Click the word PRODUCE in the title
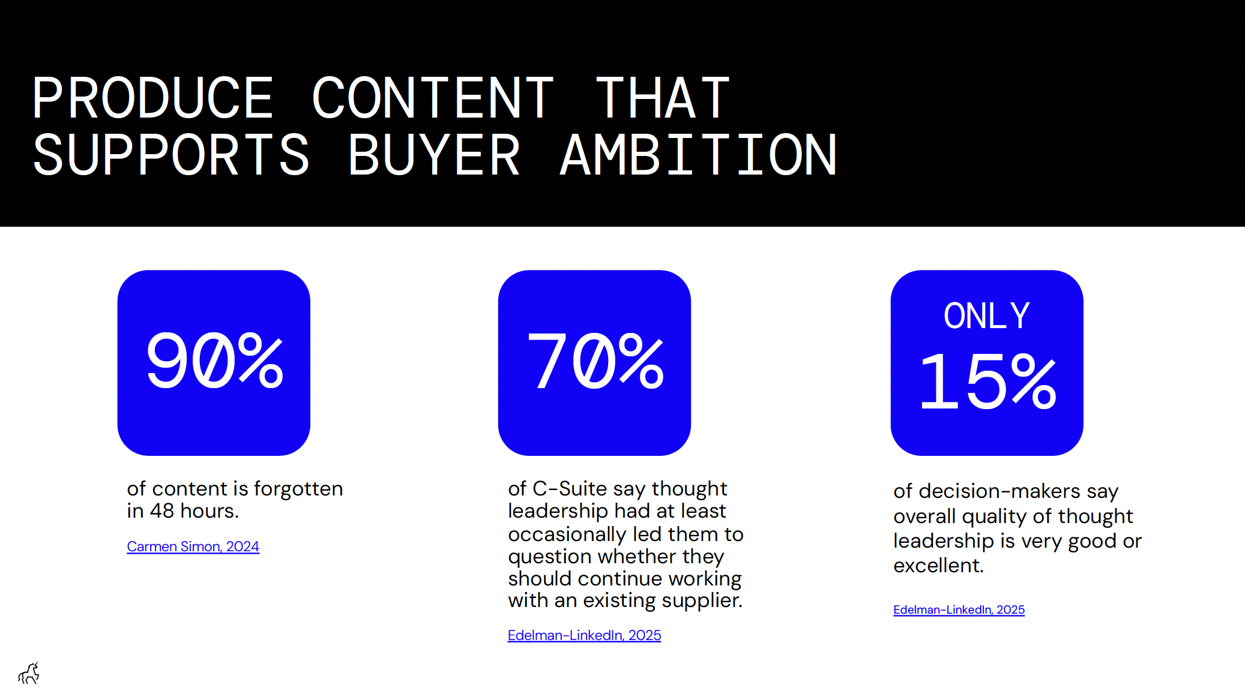pyautogui.click(x=153, y=98)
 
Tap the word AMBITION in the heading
pyautogui.click(x=698, y=155)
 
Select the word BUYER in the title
pyautogui.click(x=433, y=155)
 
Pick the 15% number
pyautogui.click(x=987, y=382)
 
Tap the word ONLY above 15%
pyautogui.click(x=987, y=316)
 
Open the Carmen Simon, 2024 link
pyautogui.click(x=193, y=546)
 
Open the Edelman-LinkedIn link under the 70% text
pyautogui.click(x=584, y=635)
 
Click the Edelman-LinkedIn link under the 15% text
pyautogui.click(x=959, y=609)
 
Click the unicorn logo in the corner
pyautogui.click(x=29, y=674)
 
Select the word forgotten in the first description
pyautogui.click(x=298, y=489)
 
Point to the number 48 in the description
pyautogui.click(x=161, y=511)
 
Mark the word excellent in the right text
pyautogui.click(x=938, y=566)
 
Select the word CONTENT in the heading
pyautogui.click(x=433, y=98)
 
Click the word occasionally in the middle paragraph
pyautogui.click(x=567, y=534)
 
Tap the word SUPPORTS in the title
pyautogui.click(x=171, y=155)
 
